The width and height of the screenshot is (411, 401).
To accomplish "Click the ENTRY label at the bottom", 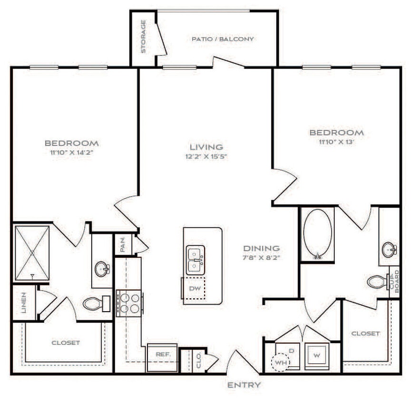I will pos(244,385).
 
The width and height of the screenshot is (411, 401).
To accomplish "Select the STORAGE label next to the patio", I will pos(143,37).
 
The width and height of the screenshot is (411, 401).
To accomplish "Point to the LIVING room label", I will pos(206,147).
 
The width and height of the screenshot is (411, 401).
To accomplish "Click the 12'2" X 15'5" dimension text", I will pos(206,156).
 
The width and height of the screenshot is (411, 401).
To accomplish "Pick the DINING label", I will pos(261,248).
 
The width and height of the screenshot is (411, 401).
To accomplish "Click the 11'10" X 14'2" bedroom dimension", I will pos(72,153).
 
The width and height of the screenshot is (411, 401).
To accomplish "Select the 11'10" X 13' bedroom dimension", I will pos(336,142).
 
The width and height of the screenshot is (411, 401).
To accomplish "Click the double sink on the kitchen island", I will pos(196,259).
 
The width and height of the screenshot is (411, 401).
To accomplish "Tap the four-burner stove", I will pos(129,302).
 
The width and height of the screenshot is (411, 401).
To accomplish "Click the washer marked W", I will pos(316,355).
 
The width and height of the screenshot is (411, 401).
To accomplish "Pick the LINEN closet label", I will pos(23,303).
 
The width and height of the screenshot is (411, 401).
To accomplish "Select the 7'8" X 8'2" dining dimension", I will pos(261,258).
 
